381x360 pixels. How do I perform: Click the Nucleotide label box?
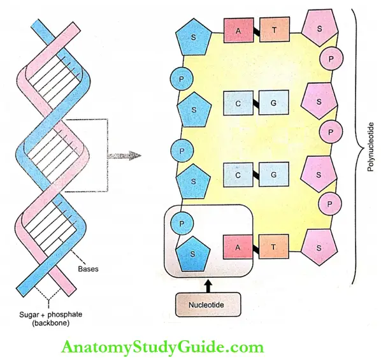(207, 305)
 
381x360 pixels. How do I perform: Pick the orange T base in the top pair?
(275, 30)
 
